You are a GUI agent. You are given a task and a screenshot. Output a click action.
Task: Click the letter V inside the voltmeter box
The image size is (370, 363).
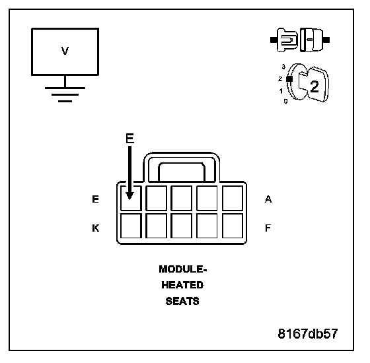click(x=65, y=51)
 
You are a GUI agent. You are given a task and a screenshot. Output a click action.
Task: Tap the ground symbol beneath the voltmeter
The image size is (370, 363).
click(x=65, y=95)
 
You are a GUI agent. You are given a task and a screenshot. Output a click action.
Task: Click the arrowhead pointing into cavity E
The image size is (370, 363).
click(x=129, y=196)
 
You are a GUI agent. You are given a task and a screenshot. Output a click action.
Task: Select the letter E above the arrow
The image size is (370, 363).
click(x=129, y=139)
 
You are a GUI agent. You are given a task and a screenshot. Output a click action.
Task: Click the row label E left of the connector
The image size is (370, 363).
click(x=95, y=199)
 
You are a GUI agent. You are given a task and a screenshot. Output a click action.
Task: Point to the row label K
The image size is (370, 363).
click(x=96, y=228)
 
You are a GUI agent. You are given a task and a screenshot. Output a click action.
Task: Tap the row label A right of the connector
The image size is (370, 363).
click(x=268, y=199)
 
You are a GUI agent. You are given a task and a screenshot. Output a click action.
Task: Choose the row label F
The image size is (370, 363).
click(x=268, y=228)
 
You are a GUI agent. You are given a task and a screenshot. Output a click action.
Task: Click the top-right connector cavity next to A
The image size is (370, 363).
click(x=233, y=198)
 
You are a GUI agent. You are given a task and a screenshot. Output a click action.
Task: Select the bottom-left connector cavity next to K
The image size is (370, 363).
click(x=131, y=226)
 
